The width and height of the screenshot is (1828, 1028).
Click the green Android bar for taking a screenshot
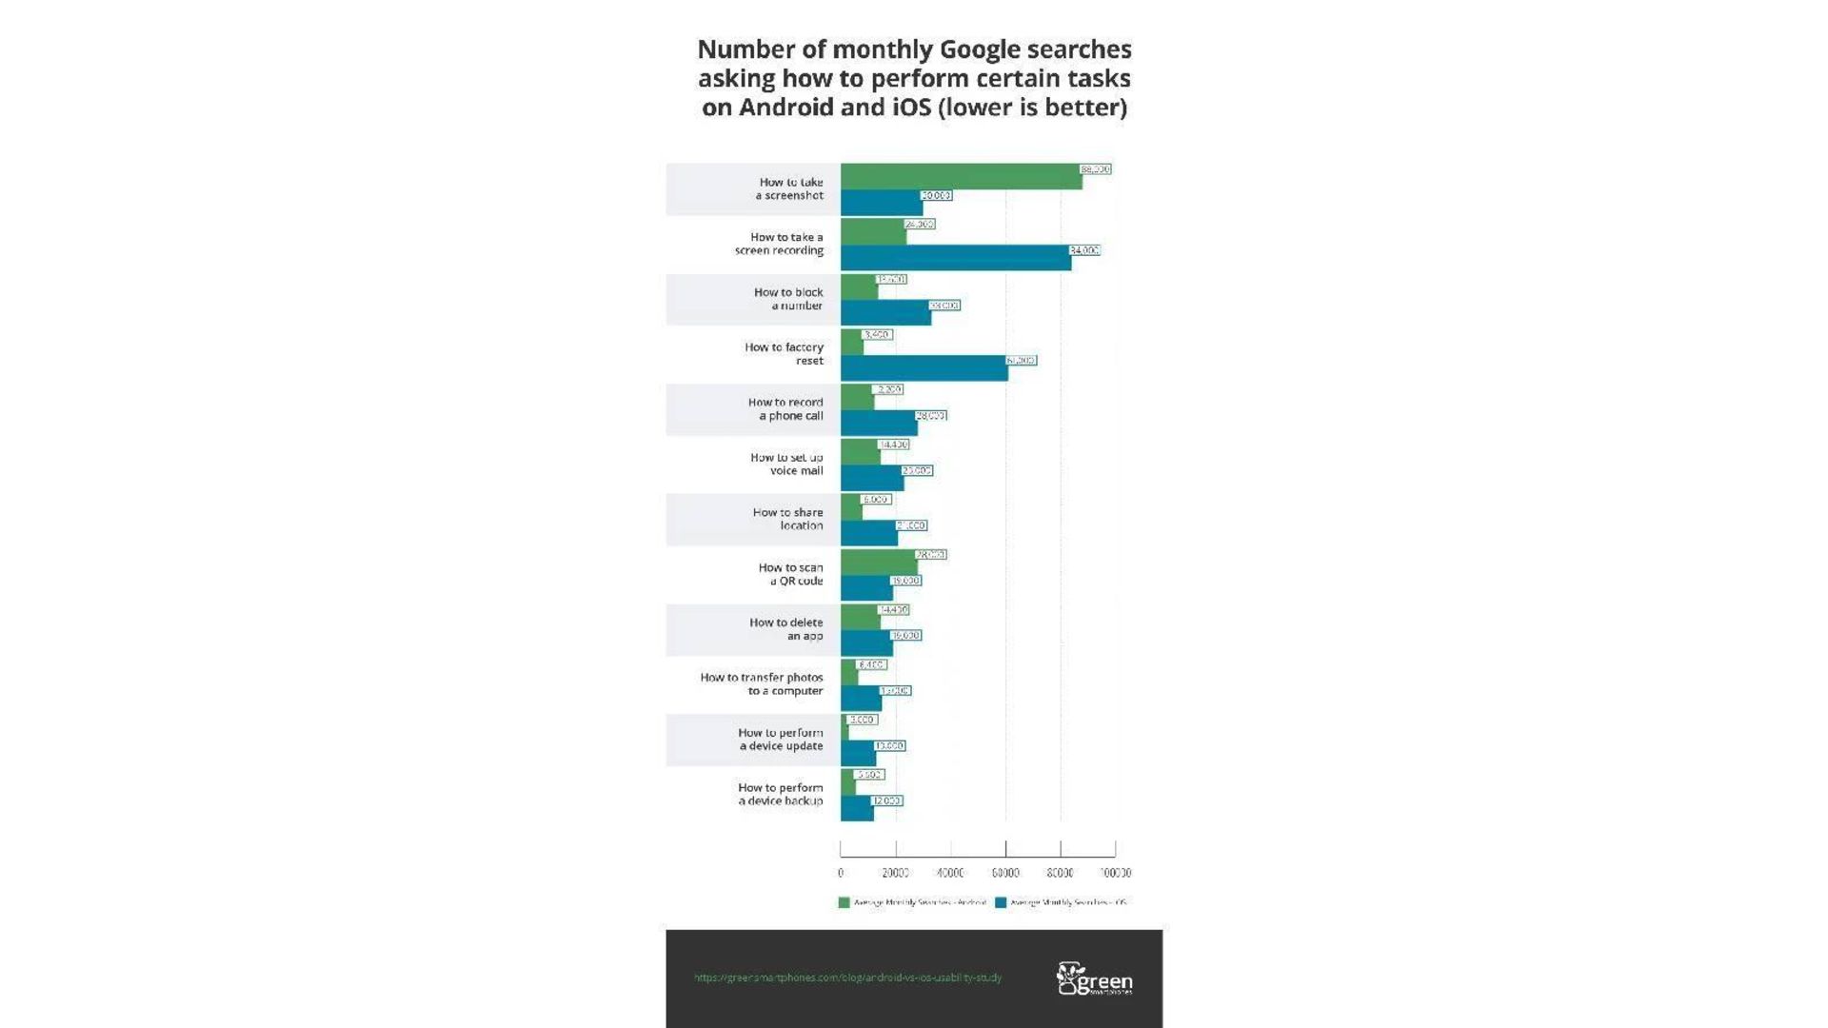coord(961,177)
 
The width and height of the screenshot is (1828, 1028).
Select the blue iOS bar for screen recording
coord(955,258)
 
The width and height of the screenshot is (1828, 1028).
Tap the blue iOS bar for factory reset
coord(924,368)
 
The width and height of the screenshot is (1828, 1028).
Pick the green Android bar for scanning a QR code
coord(879,563)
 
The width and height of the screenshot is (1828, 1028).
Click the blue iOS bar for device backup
coord(857,809)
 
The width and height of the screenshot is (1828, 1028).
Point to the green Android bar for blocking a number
coord(859,287)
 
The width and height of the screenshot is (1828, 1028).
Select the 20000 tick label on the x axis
coord(895,873)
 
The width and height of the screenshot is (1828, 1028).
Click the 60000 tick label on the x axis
coord(1005,873)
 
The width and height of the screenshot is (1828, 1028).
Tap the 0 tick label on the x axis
coord(841,873)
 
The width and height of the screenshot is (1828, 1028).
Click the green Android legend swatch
coord(844,902)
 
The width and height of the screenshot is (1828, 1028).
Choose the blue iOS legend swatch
coord(1001,902)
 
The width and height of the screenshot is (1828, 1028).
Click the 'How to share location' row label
coord(787,519)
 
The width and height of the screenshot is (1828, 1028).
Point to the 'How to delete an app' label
coord(785,629)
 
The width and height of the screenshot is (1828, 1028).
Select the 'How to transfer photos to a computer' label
coord(762,684)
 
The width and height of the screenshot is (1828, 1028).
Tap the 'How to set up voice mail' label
coord(786,464)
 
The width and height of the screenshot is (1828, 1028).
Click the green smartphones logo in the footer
coord(1094,979)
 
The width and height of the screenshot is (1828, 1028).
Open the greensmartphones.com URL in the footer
coord(847,978)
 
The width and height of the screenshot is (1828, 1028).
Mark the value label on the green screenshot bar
coord(1096,169)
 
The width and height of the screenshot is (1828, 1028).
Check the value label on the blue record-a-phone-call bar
coord(931,416)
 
